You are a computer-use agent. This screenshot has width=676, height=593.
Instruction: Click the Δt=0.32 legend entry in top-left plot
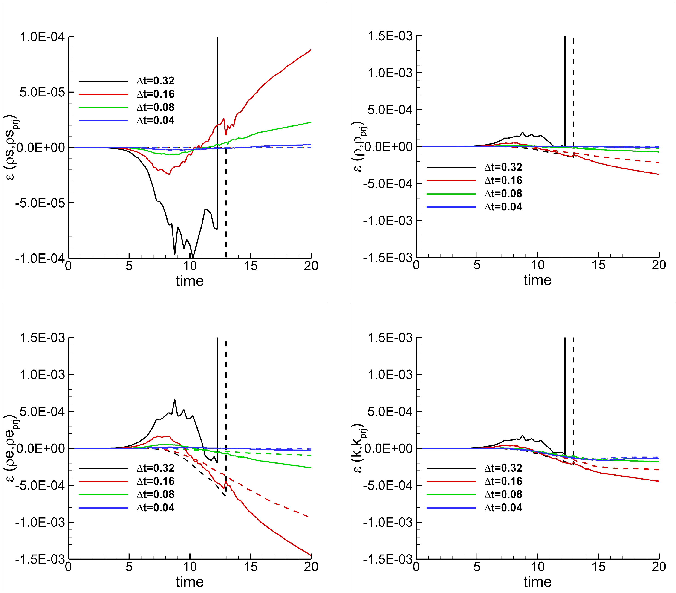click(156, 81)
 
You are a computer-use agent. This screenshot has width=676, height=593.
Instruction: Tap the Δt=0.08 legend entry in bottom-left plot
click(156, 494)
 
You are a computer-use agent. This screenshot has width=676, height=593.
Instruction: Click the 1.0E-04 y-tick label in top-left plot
click(42, 37)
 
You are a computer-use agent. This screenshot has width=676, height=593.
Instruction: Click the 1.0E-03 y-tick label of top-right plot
click(390, 73)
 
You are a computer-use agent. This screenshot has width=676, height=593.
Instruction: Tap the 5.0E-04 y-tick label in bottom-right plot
click(390, 412)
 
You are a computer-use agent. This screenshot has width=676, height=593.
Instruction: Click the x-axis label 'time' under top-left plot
click(190, 281)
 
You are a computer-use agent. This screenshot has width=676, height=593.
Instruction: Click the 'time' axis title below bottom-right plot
click(537, 582)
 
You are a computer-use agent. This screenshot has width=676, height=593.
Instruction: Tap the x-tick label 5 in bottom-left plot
click(129, 567)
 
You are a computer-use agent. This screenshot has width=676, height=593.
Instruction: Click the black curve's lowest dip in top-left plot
click(192, 257)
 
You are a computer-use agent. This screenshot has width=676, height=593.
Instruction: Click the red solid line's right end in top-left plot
click(311, 50)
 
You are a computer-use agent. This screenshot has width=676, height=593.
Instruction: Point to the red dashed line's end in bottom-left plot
click(308, 517)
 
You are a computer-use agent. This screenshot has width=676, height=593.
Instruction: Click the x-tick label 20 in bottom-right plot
click(659, 567)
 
